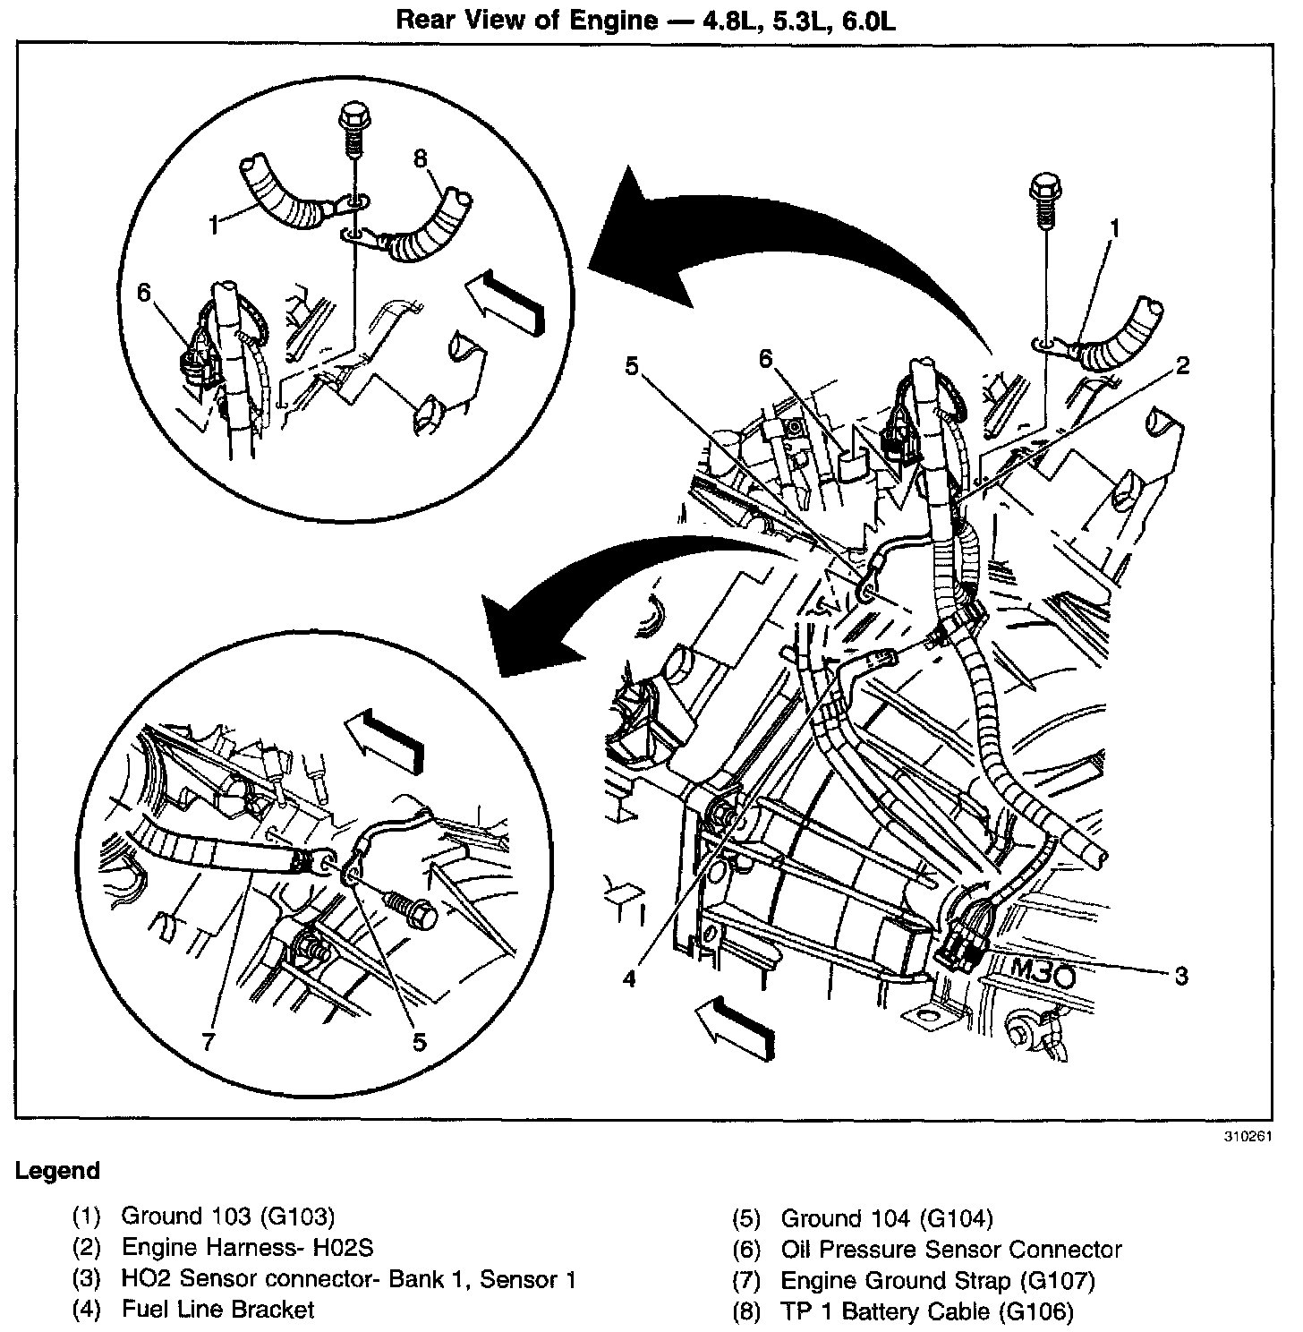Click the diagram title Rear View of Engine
(646, 20)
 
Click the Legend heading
(57, 1171)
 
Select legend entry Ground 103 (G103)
(227, 1217)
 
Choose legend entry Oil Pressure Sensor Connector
(950, 1249)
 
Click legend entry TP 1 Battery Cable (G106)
(926, 1311)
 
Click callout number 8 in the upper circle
(421, 158)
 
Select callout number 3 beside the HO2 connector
(1181, 975)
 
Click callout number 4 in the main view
(630, 978)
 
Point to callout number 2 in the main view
(1182, 365)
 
